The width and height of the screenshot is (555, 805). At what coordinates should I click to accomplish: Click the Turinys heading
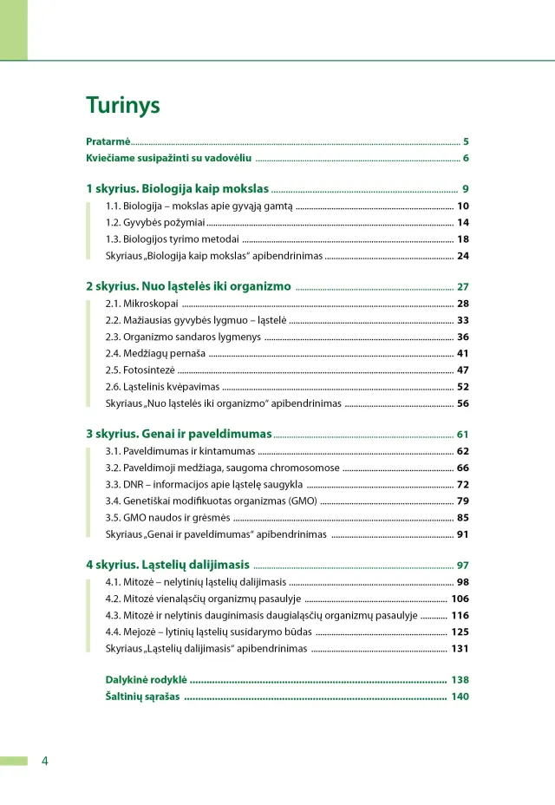[x=123, y=105]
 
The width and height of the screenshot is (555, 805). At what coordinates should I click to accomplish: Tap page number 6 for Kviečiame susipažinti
[x=466, y=158]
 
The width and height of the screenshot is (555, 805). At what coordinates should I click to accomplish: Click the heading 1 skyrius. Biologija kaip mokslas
[x=178, y=188]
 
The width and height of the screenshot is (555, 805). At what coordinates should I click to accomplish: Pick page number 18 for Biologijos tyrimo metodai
[x=463, y=239]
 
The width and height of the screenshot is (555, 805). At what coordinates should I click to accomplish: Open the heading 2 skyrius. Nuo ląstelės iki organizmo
[x=188, y=286]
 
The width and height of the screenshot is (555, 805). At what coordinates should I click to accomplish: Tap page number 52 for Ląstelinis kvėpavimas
[x=463, y=387]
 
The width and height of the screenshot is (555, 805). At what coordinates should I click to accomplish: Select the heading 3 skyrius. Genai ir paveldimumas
[x=179, y=434]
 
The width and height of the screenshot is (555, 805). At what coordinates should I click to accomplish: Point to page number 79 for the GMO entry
[x=463, y=501]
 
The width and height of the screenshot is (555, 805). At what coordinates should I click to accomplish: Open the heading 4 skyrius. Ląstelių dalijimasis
[x=167, y=565]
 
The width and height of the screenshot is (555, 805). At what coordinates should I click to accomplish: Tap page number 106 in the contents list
[x=460, y=599]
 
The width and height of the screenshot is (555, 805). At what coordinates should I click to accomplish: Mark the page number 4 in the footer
[x=45, y=762]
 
